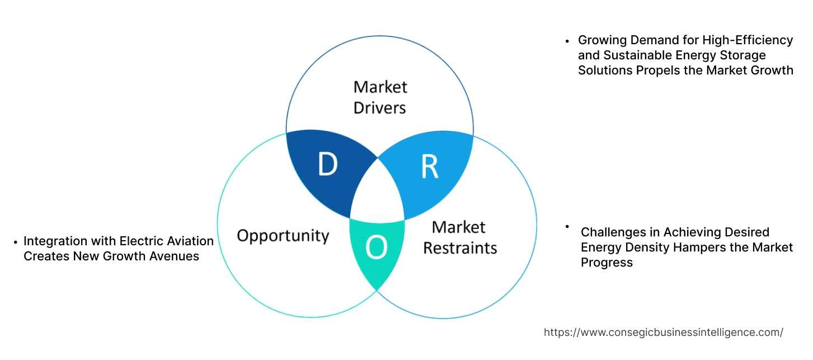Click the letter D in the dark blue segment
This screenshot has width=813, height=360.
(x=327, y=163)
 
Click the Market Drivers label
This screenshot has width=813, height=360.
(x=380, y=97)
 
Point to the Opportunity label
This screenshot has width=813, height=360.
(x=283, y=235)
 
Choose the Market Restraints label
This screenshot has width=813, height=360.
(x=459, y=237)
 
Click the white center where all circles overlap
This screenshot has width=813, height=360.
(x=378, y=193)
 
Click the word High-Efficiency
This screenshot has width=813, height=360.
(x=750, y=40)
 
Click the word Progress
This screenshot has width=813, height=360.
(x=607, y=262)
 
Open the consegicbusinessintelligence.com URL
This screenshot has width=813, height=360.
(x=663, y=332)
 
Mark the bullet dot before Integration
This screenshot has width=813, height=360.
(x=16, y=242)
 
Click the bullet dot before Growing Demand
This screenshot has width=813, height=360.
(x=567, y=41)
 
